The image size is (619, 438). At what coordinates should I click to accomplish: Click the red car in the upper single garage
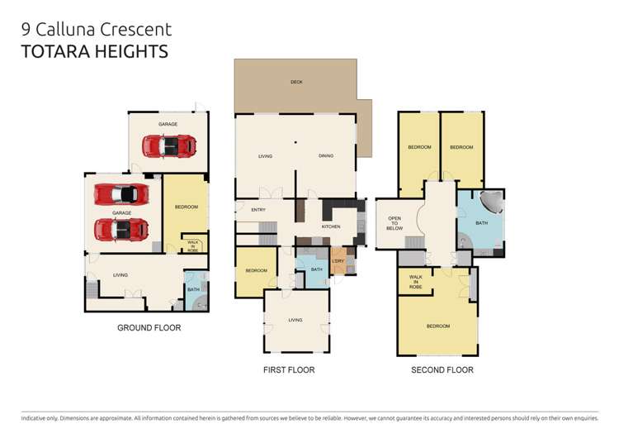[169, 146]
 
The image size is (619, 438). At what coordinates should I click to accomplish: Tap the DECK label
[296, 82]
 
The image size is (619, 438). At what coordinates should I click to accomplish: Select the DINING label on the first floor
[326, 155]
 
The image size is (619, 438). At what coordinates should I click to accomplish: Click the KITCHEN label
[331, 226]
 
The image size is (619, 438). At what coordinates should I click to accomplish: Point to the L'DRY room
[338, 262]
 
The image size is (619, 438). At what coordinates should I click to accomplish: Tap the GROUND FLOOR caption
[149, 328]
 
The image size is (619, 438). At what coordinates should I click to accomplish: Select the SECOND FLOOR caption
[442, 370]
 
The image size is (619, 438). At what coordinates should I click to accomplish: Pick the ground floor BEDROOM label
[187, 207]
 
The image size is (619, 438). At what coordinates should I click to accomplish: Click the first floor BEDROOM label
[256, 270]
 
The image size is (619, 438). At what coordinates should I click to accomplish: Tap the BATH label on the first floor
[317, 269]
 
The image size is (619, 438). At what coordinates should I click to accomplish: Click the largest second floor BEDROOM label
[438, 326]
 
